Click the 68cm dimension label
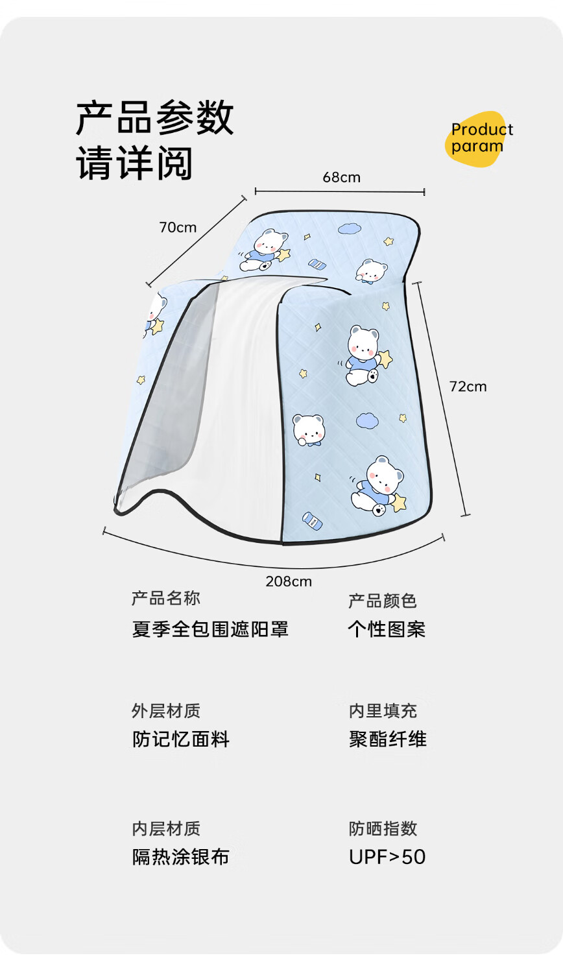[341, 177]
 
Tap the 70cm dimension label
[178, 227]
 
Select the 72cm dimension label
[468, 387]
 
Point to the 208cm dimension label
[289, 581]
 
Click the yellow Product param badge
[479, 138]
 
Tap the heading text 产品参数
[154, 117]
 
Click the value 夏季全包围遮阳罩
[210, 629]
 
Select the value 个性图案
[387, 629]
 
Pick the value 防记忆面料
[181, 739]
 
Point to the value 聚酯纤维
[387, 739]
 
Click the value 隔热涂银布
[181, 857]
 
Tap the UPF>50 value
[387, 857]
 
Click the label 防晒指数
[383, 828]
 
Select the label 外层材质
[166, 711]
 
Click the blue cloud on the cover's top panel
[350, 228]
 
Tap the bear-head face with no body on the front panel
[308, 429]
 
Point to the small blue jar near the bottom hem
[311, 520]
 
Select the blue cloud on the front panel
[367, 421]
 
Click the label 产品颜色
[383, 601]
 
